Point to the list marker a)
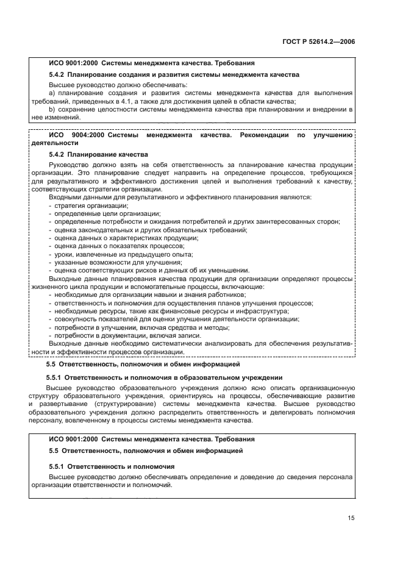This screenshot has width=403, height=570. coord(51,93)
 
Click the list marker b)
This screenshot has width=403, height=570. coord(51,109)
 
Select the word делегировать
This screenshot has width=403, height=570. coord(286,412)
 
